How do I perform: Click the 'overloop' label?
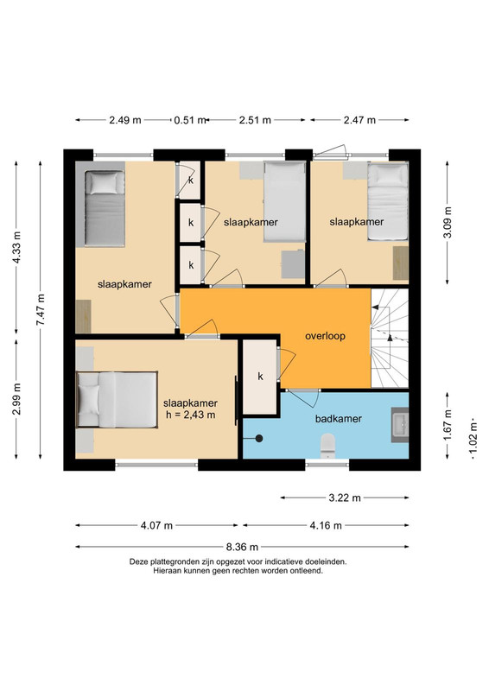pos(325,336)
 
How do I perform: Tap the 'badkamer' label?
pos(338,419)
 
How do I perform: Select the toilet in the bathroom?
pos(327,446)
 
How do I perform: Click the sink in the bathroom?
pos(400,425)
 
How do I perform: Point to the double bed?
pos(117,400)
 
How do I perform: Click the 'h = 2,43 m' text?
pos(190,415)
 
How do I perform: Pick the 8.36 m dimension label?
pos(242,547)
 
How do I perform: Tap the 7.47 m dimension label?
pos(41,310)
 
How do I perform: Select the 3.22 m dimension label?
pos(345,498)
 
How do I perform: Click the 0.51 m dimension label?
pos(190,120)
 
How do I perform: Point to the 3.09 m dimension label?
pos(448,222)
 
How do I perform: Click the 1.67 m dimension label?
pos(448,425)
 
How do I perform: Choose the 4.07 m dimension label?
pos(156,525)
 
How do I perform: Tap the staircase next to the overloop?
pos(390,339)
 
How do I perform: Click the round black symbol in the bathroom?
pos(259,439)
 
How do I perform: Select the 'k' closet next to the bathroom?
pos(260,377)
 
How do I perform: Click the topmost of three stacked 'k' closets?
pos(189,180)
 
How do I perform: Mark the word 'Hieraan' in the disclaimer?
pos(166,571)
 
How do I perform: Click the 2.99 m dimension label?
pos(16,399)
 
